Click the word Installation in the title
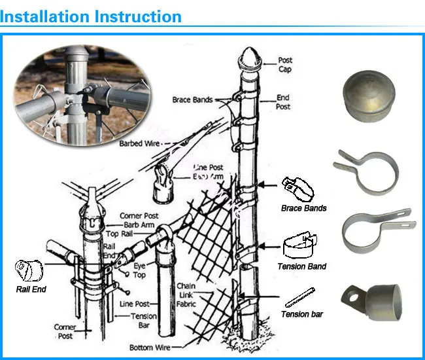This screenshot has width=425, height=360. [x=44, y=16]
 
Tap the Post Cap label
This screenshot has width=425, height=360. [x=286, y=64]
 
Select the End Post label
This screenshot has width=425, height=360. [x=282, y=102]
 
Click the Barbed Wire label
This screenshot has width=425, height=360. [x=140, y=143]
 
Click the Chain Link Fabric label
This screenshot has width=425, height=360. [x=187, y=295]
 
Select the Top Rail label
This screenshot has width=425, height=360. [x=121, y=233]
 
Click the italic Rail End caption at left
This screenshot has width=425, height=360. [x=31, y=289]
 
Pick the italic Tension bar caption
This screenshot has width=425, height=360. [x=302, y=314]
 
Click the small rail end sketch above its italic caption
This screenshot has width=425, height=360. [x=29, y=269]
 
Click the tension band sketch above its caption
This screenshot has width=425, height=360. [x=299, y=246]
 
